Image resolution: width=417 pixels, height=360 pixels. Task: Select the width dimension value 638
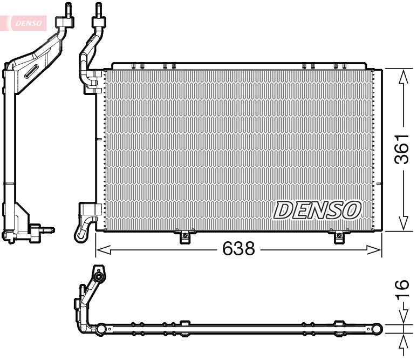239,249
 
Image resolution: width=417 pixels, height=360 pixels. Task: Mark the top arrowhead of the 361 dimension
402,77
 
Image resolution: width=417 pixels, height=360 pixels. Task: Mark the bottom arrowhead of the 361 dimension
402,223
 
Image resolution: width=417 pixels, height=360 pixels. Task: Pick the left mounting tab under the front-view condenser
184,236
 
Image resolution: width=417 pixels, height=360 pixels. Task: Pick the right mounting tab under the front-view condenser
339,236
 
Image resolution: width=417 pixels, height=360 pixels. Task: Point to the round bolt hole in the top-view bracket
100,277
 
